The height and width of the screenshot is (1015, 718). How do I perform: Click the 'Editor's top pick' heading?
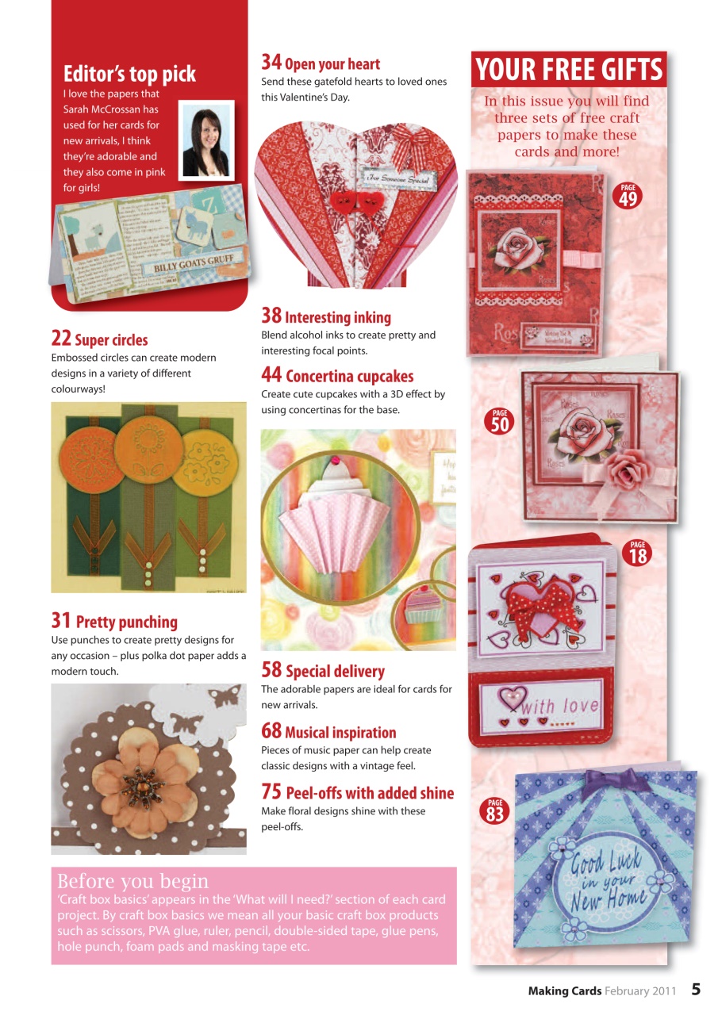[129, 75]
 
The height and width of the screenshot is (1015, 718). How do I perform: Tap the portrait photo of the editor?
[206, 140]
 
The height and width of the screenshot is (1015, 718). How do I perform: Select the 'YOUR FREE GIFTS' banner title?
[568, 70]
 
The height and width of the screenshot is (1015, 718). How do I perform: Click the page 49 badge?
[628, 195]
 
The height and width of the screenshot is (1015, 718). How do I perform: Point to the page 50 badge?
[500, 421]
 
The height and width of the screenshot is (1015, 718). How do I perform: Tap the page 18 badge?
[638, 553]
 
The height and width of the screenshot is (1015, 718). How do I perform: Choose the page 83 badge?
[495, 811]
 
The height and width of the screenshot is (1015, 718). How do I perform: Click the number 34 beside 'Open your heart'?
[271, 62]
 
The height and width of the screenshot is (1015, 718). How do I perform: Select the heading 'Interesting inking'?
[337, 317]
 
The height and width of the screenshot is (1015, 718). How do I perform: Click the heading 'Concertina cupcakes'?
[349, 376]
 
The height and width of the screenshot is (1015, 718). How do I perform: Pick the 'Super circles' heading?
[110, 340]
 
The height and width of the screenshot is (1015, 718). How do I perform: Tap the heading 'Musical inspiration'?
[340, 732]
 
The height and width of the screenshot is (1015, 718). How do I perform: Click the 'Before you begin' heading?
[133, 881]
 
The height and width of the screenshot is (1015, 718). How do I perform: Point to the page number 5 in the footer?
[695, 989]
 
